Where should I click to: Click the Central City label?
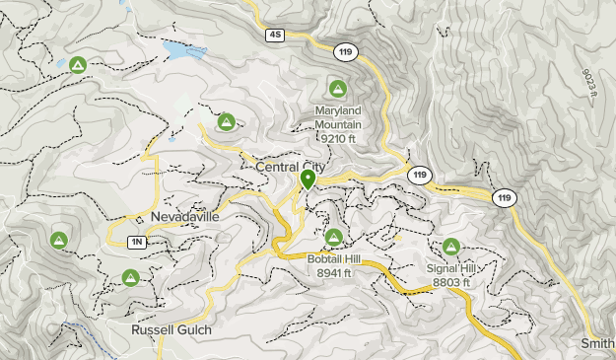(290, 168)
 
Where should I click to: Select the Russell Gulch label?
(171, 329)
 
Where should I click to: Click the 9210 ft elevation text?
(337, 138)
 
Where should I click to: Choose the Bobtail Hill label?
(334, 258)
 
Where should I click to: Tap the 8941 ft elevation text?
(334, 272)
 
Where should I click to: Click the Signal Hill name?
(450, 268)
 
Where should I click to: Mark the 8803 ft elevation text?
(450, 282)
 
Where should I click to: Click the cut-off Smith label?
(598, 343)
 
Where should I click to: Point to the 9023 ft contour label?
(588, 80)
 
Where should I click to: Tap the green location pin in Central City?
(308, 180)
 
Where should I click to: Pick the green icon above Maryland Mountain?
(338, 88)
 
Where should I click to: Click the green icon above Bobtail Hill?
(334, 237)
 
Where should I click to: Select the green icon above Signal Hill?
(451, 247)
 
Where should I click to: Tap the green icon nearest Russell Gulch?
(129, 278)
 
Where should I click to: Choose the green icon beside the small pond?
(77, 66)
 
